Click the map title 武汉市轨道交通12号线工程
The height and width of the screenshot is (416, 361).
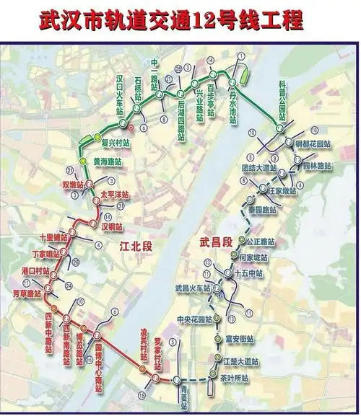[x=180, y=17]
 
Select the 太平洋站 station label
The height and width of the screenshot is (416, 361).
[x=113, y=195]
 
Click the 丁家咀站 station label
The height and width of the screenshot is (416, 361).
[x=47, y=255]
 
